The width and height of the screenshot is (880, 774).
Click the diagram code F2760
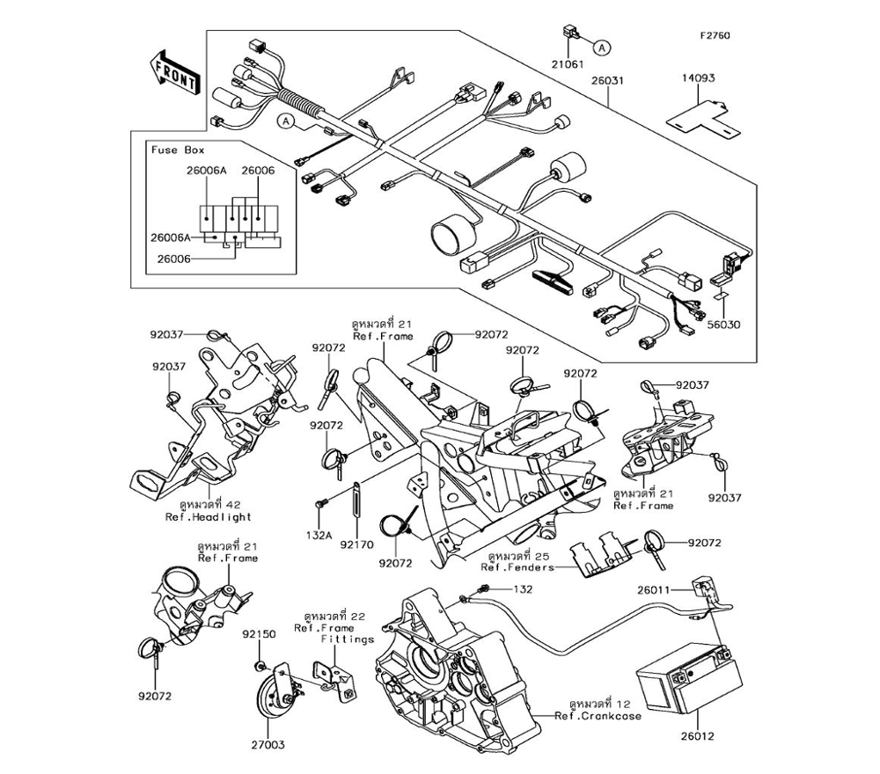(x=715, y=36)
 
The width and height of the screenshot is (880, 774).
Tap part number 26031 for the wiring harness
(x=607, y=80)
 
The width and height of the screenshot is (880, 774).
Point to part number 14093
(x=699, y=78)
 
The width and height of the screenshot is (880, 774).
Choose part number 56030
(x=723, y=325)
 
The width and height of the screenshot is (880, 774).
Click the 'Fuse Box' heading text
(x=178, y=150)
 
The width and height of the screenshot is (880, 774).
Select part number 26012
(x=698, y=736)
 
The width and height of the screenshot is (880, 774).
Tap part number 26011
(x=653, y=590)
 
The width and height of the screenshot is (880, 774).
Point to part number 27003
(x=268, y=745)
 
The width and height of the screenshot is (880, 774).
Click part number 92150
(x=259, y=634)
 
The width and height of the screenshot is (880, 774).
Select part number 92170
(x=357, y=544)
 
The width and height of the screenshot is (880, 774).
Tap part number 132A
(x=319, y=536)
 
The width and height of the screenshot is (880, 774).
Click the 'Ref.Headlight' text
(x=209, y=517)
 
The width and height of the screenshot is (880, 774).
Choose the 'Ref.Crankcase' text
(x=598, y=716)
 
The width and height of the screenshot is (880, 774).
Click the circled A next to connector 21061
(x=602, y=48)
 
